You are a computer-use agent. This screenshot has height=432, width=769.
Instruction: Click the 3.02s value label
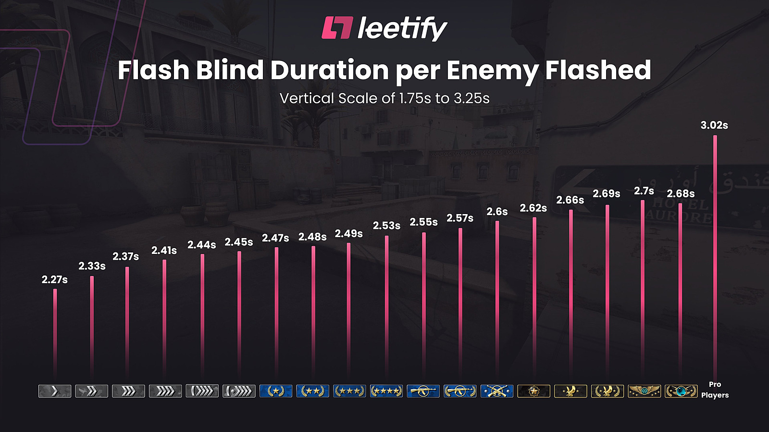pyautogui.click(x=714, y=125)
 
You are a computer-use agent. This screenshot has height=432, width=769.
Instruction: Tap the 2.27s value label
pyautogui.click(x=55, y=280)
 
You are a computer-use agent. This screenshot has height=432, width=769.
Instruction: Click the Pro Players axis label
pyautogui.click(x=715, y=390)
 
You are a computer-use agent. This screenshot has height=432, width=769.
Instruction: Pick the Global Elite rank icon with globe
pyautogui.click(x=681, y=391)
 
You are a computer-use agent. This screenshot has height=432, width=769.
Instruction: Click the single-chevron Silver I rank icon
pyautogui.click(x=55, y=391)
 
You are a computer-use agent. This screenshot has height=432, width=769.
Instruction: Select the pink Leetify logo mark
pyautogui.click(x=337, y=28)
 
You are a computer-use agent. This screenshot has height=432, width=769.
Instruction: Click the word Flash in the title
pyautogui.click(x=153, y=70)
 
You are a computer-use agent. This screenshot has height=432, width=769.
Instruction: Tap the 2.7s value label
pyautogui.click(x=644, y=191)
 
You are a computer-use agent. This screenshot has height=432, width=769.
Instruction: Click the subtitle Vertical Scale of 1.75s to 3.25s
pyautogui.click(x=384, y=98)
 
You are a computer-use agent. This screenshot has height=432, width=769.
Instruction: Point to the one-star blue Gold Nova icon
pyautogui.click(x=276, y=391)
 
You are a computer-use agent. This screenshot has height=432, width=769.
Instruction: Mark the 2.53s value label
pyautogui.click(x=386, y=226)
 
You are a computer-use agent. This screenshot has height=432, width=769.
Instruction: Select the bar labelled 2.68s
pyautogui.click(x=680, y=288)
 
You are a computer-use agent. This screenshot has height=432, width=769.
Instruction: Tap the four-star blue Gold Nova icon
pyautogui.click(x=386, y=391)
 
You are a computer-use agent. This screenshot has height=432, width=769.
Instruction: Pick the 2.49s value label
pyautogui.click(x=349, y=234)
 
